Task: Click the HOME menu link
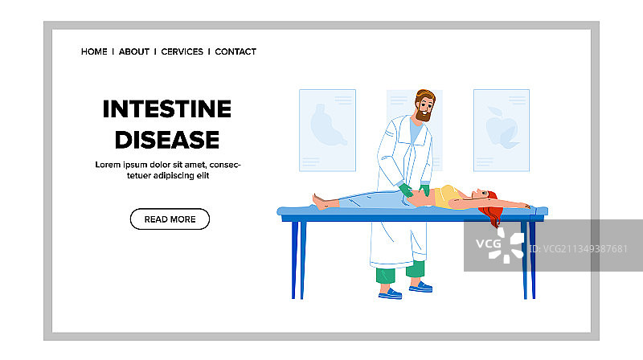coord(94,51)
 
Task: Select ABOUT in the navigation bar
coord(134,51)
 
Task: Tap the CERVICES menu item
coord(182,51)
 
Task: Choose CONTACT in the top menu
coord(235,51)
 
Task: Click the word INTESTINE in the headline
coord(167,109)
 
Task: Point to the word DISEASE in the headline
coord(167,140)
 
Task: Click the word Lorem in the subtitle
coord(108,165)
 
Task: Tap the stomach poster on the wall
coord(327,130)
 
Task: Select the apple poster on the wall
coord(501,130)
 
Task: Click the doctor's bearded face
coord(424,108)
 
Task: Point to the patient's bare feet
coord(320,202)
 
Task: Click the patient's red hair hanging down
coord(493,212)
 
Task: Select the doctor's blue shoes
coord(405,289)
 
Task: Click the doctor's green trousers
coord(400,272)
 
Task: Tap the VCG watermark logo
coord(500,245)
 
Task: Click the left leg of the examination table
coord(298,260)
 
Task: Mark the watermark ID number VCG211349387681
coord(578,249)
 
